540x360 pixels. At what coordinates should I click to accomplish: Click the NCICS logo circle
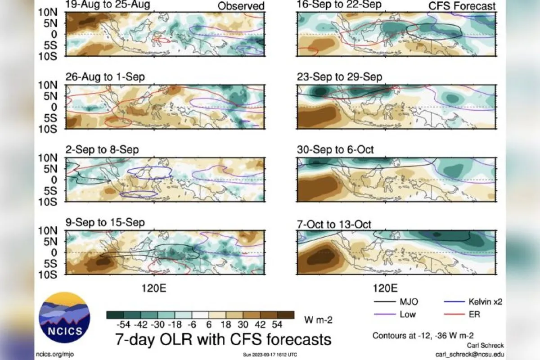point(64,318)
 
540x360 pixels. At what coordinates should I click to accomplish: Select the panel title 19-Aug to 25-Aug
point(108,5)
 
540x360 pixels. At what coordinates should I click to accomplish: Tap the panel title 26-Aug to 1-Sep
point(105,77)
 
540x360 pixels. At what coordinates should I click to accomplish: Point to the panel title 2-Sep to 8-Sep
point(102,150)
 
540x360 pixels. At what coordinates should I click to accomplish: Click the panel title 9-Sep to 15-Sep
point(105,222)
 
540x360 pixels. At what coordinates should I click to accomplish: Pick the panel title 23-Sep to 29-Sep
point(339,77)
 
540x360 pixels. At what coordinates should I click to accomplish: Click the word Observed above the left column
point(241,6)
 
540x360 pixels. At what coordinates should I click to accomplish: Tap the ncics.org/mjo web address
point(56,354)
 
